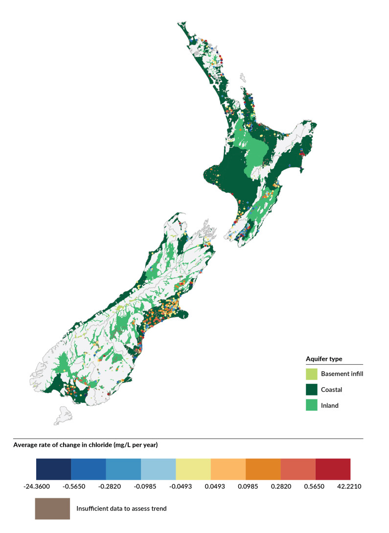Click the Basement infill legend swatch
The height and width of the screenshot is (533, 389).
click(x=311, y=374)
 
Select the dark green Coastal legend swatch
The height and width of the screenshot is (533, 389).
click(x=311, y=390)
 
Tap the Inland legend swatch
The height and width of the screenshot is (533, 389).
click(x=311, y=405)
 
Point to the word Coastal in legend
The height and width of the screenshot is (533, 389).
click(x=331, y=390)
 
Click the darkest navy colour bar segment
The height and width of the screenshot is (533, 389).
click(x=53, y=469)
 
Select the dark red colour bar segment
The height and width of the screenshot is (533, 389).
click(x=333, y=469)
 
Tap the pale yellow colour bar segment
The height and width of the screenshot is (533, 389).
click(x=193, y=469)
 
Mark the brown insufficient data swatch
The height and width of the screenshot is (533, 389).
click(x=52, y=509)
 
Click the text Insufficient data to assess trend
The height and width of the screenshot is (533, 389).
click(x=121, y=509)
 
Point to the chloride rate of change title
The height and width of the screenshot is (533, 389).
click(x=85, y=445)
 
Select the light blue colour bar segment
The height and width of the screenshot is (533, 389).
click(x=158, y=469)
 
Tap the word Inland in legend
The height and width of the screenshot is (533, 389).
click(x=330, y=405)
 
